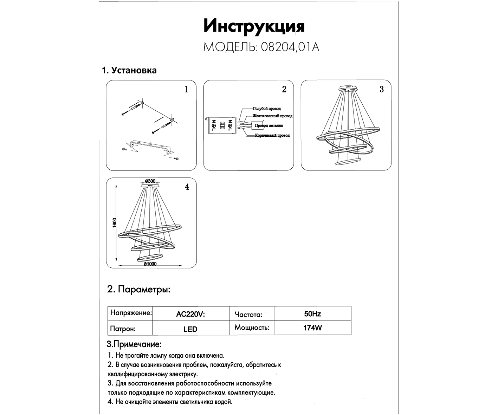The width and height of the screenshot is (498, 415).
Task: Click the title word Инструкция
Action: click(x=254, y=26)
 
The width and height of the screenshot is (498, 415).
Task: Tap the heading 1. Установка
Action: click(x=129, y=70)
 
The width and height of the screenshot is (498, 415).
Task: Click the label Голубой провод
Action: click(x=267, y=109)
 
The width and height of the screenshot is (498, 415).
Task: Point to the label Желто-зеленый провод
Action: click(x=272, y=116)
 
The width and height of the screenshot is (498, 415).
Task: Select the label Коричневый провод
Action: click(x=272, y=135)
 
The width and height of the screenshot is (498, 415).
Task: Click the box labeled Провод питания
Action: click(x=269, y=125)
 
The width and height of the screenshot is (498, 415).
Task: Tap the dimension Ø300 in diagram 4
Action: click(x=150, y=181)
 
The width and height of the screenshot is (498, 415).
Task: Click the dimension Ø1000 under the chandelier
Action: click(x=150, y=264)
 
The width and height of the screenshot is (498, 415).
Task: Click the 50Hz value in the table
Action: click(x=312, y=314)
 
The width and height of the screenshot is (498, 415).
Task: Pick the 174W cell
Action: click(x=312, y=328)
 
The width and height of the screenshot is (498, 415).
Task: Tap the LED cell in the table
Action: click(x=190, y=329)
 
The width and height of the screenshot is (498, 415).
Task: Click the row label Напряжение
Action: click(x=131, y=313)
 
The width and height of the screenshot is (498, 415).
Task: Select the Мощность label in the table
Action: click(x=252, y=328)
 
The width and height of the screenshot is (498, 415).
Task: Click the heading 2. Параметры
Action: click(x=139, y=290)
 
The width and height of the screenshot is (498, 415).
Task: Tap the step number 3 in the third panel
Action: click(x=382, y=89)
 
